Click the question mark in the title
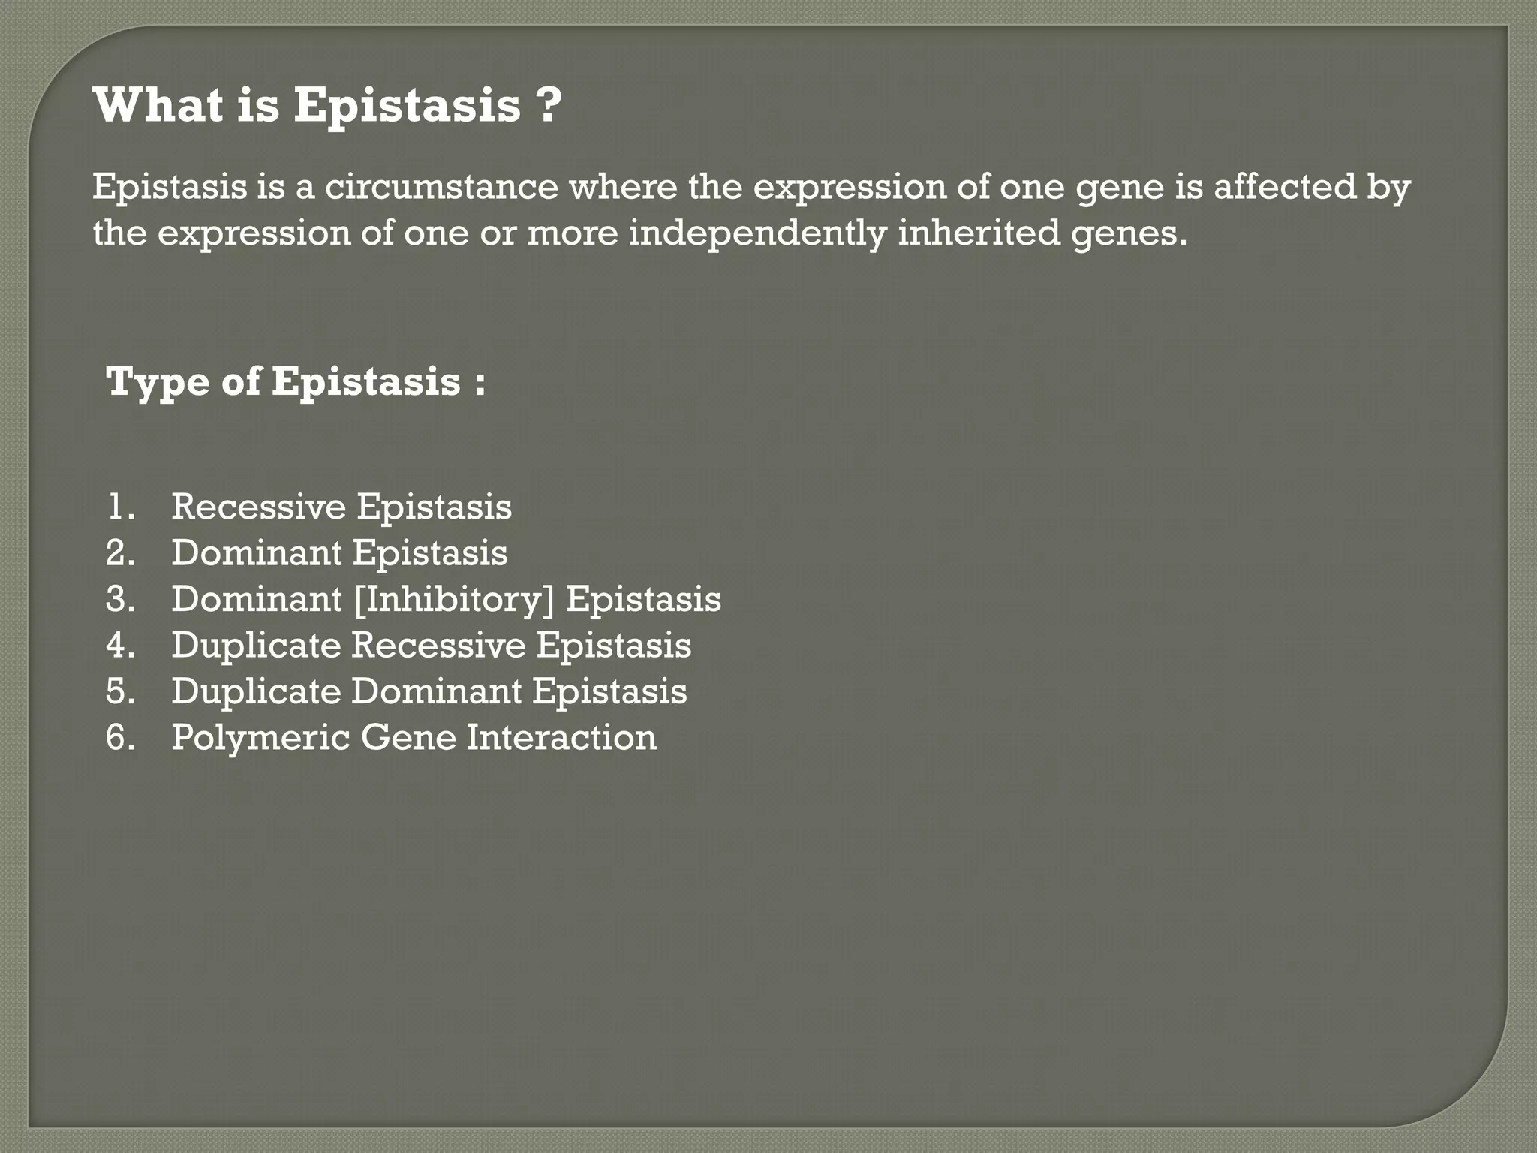coord(549,105)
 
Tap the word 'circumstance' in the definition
coord(441,187)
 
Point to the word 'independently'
coord(757,233)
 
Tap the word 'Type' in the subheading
coord(158,382)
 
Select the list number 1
coord(119,507)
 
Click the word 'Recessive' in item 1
coord(258,507)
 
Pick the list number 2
coord(120,553)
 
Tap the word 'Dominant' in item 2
coord(257,553)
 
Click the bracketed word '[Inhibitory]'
coord(453,600)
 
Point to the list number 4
coord(120,646)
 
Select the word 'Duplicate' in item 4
coord(256,646)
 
